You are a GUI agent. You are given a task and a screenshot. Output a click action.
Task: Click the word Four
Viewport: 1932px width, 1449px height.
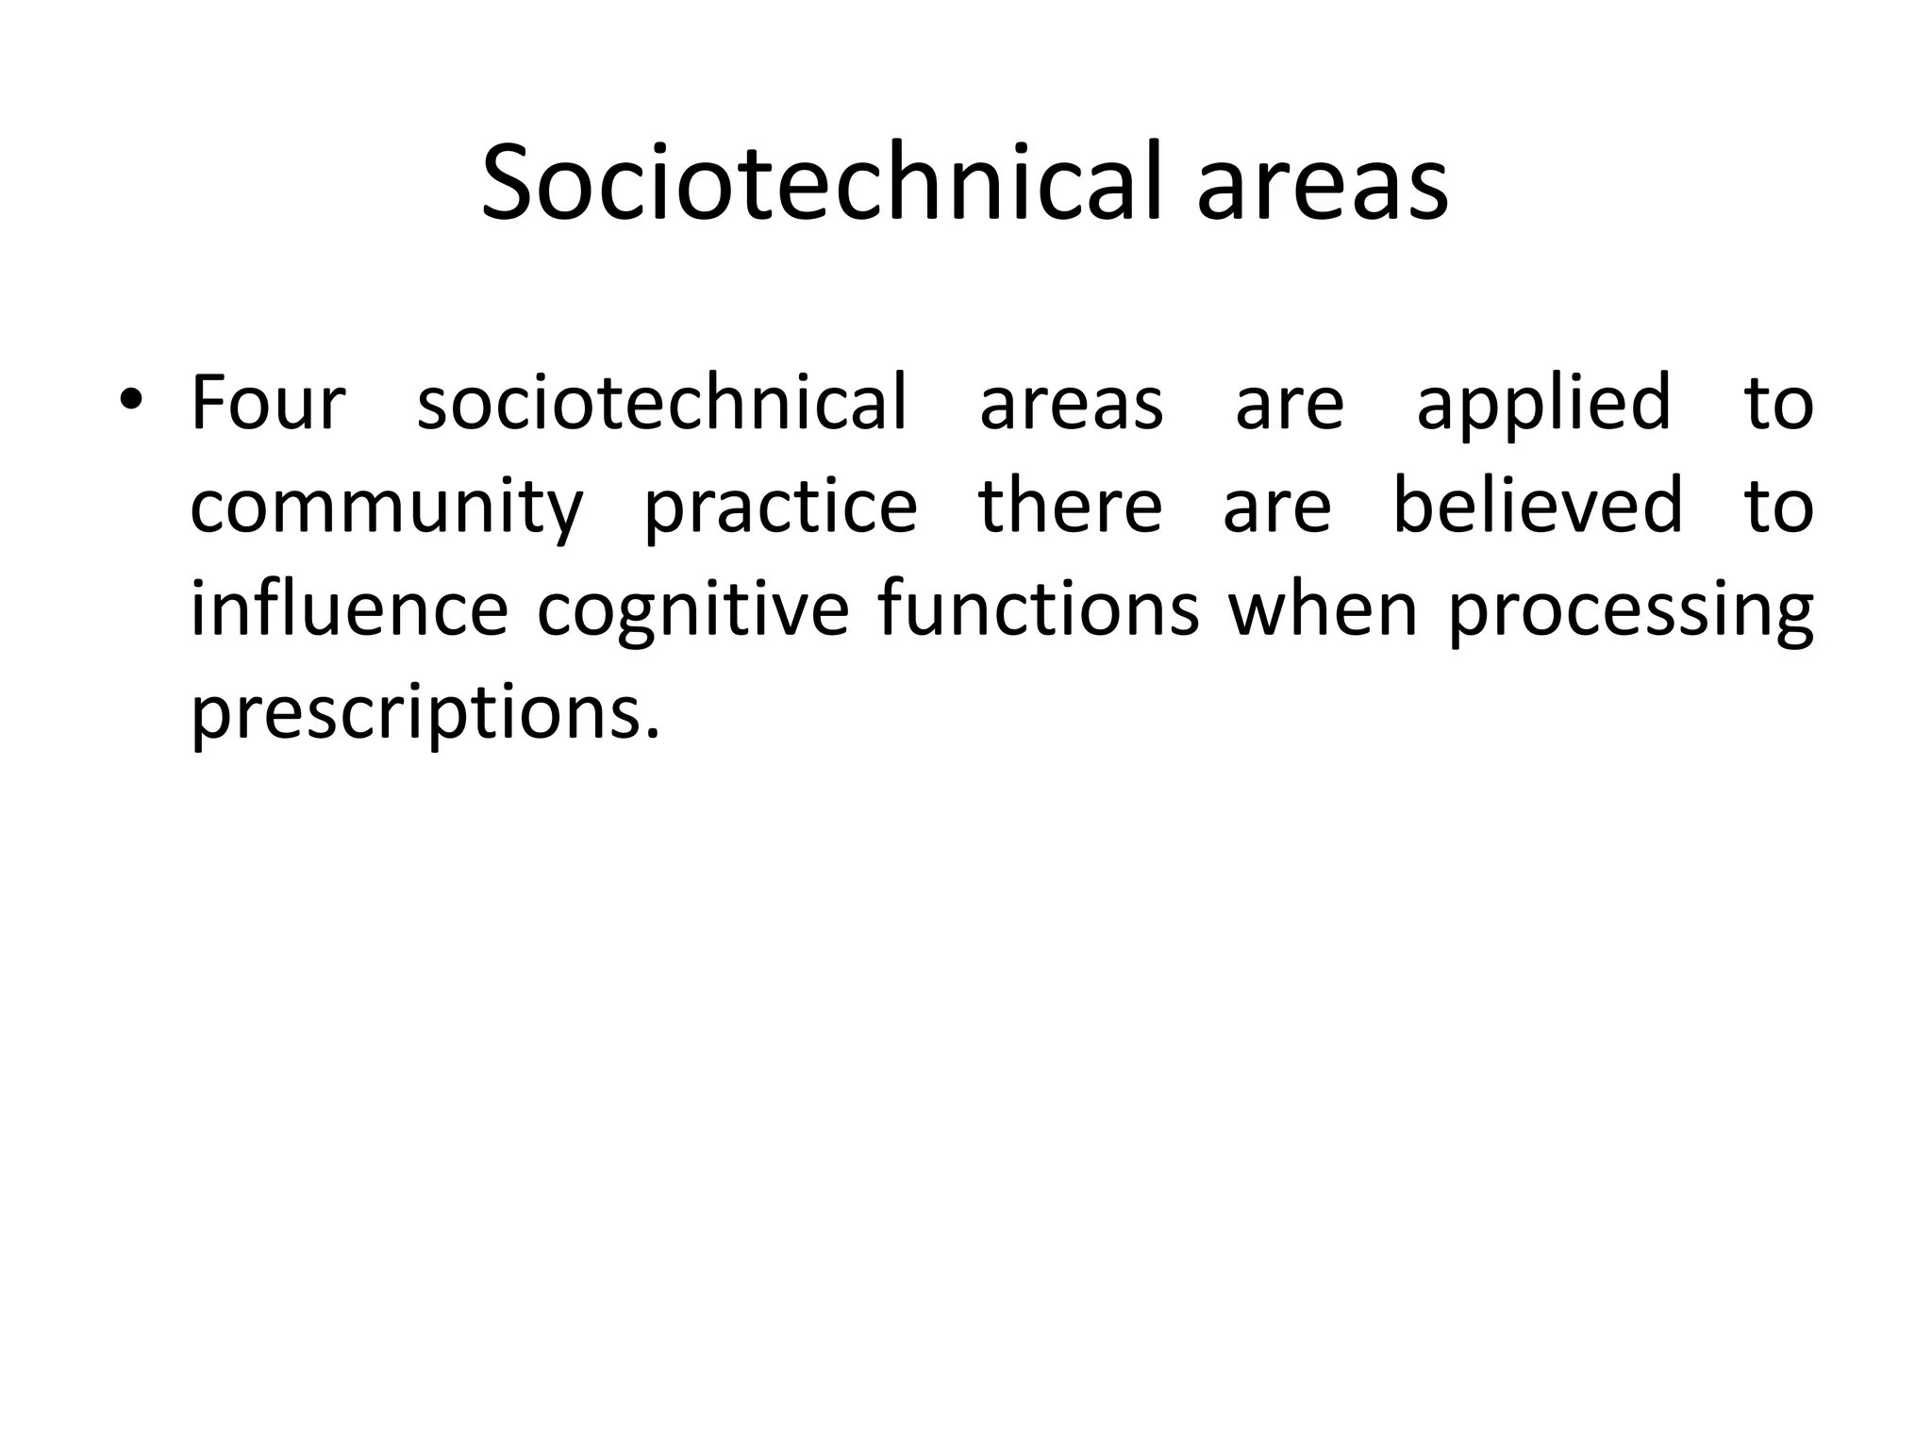268,404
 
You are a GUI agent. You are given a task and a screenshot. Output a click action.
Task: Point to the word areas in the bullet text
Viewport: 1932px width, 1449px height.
1072,406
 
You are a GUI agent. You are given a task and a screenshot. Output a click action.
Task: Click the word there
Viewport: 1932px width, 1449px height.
1071,506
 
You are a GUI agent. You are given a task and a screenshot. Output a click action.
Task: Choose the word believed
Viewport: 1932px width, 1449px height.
1538,506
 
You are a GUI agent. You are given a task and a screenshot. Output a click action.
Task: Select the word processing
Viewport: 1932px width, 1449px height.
1630,613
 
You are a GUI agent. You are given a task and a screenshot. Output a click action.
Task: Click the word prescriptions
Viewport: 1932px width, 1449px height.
425,715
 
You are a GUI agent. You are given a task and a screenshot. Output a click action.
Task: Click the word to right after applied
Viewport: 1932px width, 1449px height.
1778,404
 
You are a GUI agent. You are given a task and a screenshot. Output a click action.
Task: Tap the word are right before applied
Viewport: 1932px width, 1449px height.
1290,406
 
